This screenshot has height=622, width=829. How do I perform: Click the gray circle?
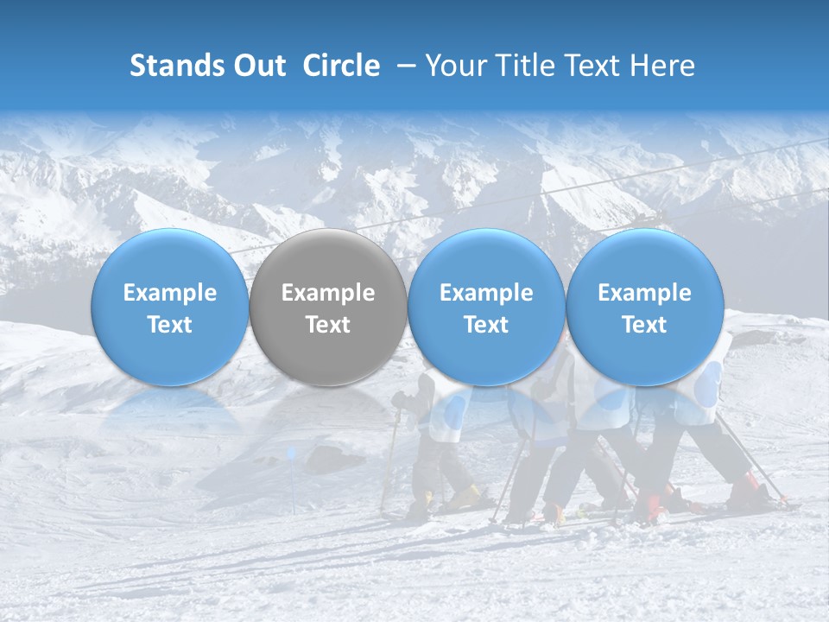(x=328, y=308)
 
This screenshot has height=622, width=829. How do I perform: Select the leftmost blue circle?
(x=169, y=308)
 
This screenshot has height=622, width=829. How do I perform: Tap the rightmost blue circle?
(x=644, y=308)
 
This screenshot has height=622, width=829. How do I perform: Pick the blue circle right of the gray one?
(x=486, y=308)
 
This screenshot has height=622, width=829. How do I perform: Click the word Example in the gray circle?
(x=328, y=293)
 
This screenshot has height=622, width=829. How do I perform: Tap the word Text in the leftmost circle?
(x=169, y=325)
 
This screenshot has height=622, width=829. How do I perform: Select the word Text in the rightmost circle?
(x=644, y=325)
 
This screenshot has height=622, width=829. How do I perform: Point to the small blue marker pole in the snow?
(x=291, y=454)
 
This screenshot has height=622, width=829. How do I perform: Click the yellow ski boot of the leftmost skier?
(x=467, y=496)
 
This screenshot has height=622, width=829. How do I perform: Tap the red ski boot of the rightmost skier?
(x=746, y=489)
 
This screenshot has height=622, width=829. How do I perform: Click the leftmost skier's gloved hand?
(x=398, y=401)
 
